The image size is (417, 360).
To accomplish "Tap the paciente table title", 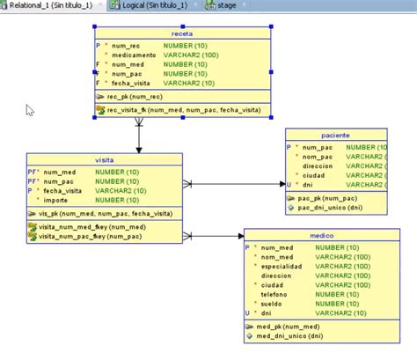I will [x=335, y=136].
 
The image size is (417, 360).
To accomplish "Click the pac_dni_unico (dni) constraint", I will [x=330, y=208].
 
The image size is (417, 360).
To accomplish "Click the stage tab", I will [x=224, y=5].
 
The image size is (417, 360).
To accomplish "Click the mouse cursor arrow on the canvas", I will [x=30, y=110].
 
